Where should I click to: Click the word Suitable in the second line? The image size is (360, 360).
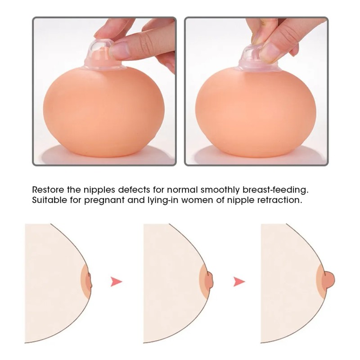click(47, 199)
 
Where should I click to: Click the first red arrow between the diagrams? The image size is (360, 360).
click(117, 282)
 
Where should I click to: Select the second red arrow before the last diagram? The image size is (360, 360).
click(239, 282)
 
